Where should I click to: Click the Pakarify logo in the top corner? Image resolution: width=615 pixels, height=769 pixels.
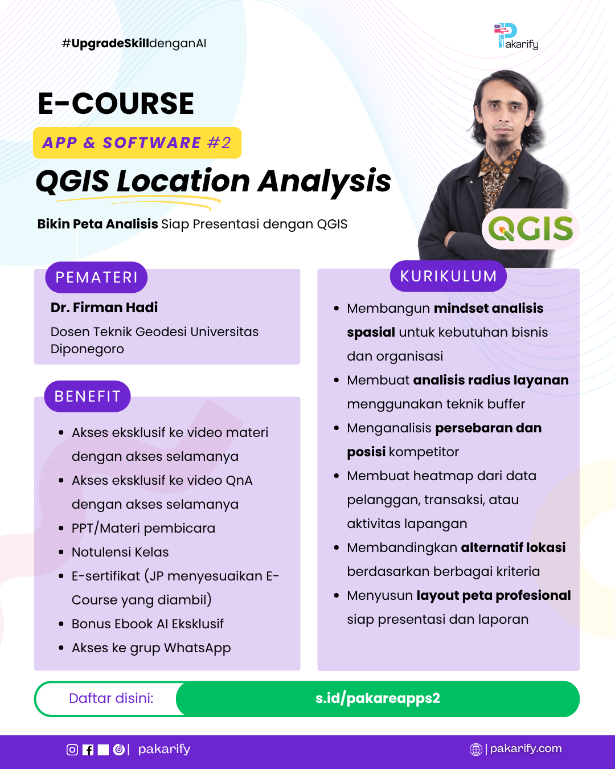click(x=516, y=36)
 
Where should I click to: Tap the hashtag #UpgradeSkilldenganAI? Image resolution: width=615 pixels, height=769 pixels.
click(x=134, y=44)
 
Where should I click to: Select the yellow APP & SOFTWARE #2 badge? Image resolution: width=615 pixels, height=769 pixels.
click(x=137, y=142)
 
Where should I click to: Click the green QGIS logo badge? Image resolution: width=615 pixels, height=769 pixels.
click(x=530, y=228)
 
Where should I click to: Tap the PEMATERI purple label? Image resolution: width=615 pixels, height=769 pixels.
click(x=96, y=277)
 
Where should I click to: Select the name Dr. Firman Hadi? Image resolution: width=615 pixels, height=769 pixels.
click(x=104, y=307)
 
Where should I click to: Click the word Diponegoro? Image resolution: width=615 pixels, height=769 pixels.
click(x=87, y=349)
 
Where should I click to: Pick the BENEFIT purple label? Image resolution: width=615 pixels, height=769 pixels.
click(x=87, y=396)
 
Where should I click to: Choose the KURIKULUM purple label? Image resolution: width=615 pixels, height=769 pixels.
click(x=448, y=276)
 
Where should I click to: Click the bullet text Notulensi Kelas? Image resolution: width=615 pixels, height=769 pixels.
click(x=120, y=552)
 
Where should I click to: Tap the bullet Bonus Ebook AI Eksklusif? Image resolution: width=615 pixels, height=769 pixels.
click(x=147, y=624)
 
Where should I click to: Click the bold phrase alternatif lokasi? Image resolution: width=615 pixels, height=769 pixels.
click(x=513, y=547)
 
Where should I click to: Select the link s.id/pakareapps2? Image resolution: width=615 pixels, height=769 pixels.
click(x=378, y=698)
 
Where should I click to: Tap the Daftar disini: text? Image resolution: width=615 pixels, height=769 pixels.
click(x=111, y=698)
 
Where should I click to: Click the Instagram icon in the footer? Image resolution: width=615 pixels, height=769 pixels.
click(x=72, y=750)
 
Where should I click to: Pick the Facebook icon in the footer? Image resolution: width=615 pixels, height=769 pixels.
click(x=88, y=750)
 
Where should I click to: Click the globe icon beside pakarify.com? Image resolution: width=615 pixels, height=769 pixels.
click(x=475, y=749)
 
